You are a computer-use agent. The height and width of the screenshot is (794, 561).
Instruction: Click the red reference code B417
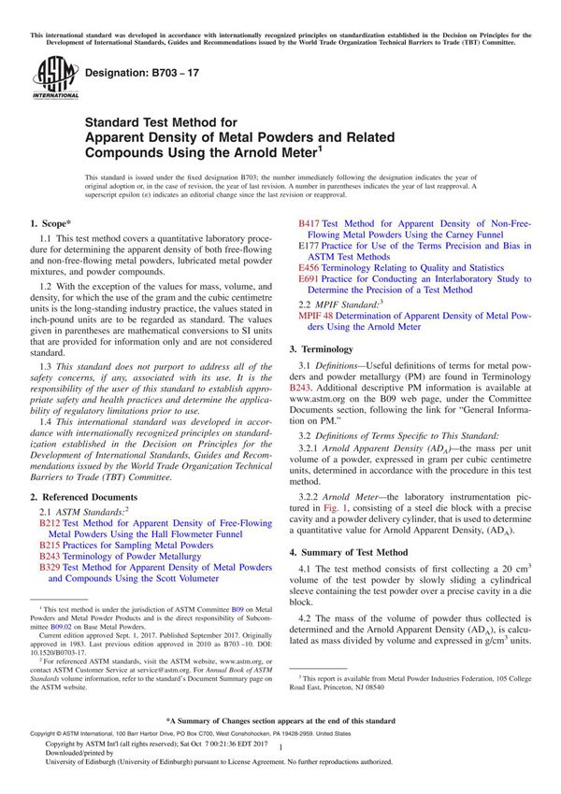tap(309, 225)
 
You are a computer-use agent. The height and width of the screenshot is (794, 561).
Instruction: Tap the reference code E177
tap(309, 246)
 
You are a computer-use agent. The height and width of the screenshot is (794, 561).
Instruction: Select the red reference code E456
tap(309, 266)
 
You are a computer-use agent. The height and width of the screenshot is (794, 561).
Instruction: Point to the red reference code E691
tap(309, 277)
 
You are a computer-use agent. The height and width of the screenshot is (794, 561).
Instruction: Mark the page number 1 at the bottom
tap(281, 760)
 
